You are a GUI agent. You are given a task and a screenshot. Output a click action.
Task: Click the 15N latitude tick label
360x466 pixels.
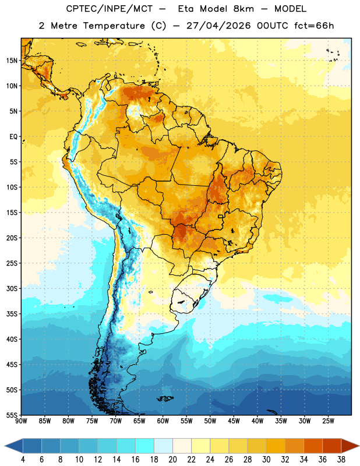12,61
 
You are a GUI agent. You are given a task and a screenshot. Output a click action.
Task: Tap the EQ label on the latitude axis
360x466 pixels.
13,137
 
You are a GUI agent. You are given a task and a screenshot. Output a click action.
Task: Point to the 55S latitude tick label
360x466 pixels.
12,415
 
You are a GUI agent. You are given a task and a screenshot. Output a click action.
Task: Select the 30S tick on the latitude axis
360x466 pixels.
12,288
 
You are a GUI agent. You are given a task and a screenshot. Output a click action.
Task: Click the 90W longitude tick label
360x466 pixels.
21,421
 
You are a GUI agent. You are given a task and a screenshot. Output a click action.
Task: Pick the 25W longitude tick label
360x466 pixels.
328,421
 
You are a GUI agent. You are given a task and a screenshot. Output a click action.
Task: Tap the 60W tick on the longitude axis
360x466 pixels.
163,421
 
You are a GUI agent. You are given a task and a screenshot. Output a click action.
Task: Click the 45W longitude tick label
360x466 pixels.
234,421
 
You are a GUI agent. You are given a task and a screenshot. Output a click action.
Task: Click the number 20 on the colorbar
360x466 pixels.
172,460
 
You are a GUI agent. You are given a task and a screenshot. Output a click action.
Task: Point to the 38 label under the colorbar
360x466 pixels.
341,460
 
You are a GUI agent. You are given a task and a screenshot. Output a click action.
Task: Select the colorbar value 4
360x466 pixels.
23,460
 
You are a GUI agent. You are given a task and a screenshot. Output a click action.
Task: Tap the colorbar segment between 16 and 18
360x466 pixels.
145,446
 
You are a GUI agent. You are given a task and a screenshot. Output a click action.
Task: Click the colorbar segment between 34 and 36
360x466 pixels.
313,446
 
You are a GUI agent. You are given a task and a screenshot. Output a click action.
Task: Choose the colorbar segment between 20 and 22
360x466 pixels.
182,446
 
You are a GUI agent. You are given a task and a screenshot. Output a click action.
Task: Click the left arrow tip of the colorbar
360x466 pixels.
5,446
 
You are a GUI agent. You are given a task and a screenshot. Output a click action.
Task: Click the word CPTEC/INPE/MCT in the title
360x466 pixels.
110,9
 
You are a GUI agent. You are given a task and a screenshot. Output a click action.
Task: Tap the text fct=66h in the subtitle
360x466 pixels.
314,26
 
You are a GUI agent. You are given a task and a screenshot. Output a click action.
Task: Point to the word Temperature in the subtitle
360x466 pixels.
114,26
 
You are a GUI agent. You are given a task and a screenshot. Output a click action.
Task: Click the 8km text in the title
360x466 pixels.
243,9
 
